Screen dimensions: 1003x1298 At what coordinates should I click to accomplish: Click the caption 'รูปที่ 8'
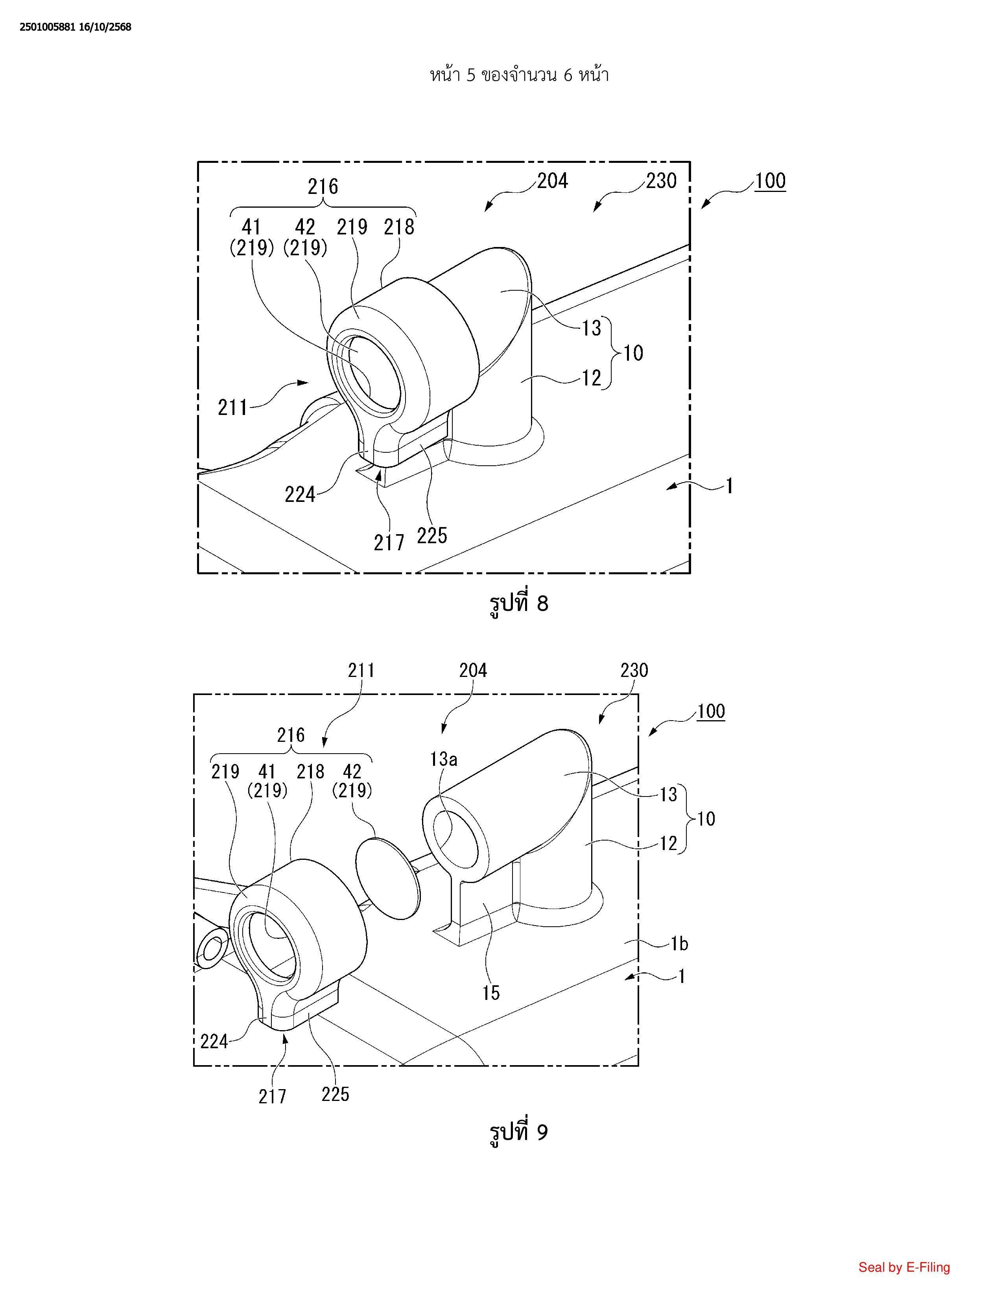point(518,604)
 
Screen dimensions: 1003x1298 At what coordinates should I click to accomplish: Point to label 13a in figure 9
point(444,759)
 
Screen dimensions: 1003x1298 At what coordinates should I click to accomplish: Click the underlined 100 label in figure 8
point(770,181)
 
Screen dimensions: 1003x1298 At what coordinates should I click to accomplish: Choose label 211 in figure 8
point(232,408)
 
